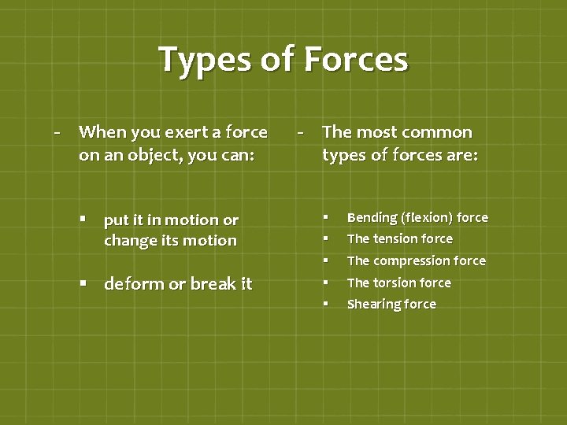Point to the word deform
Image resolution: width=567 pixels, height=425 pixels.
(x=134, y=283)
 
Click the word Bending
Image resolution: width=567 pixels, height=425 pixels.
(x=372, y=218)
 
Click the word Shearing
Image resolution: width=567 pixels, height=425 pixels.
(x=372, y=305)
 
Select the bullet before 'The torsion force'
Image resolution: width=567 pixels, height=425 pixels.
(x=324, y=282)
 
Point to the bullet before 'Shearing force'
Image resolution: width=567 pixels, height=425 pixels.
(x=324, y=303)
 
